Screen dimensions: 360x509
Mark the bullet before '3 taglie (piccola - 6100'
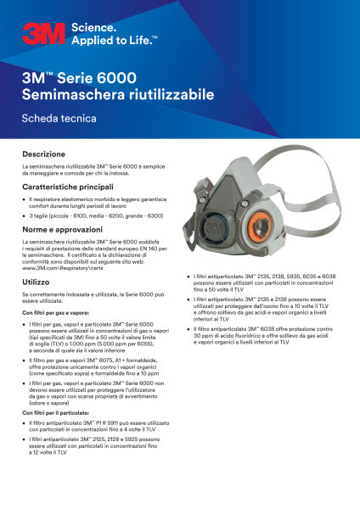tap(31, 216)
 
